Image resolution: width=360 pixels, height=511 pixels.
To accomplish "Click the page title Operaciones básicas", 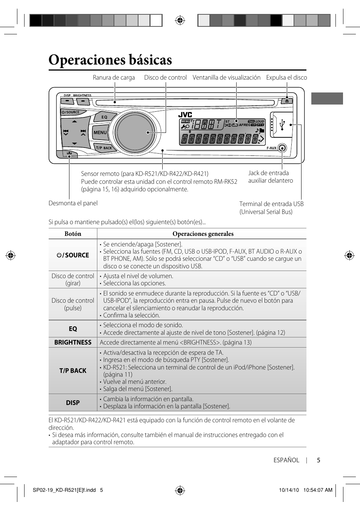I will pos(110,60).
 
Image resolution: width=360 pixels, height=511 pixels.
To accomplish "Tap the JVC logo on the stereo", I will pos(185,115).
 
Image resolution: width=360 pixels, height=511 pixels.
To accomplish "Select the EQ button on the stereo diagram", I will pos(104,117).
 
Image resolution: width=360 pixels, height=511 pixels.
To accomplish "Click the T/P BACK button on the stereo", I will pos(103,148).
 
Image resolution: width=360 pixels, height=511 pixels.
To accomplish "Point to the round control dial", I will pos(135,132).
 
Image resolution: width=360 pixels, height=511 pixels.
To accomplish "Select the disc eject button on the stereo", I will pos(287,101).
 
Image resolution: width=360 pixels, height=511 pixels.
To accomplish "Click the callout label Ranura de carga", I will pos(114,78).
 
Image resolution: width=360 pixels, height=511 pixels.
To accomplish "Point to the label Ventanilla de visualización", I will pos(226,78).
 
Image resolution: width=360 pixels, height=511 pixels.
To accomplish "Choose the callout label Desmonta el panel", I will pos(73,203).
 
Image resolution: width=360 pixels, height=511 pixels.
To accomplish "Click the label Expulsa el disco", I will pos(286,78).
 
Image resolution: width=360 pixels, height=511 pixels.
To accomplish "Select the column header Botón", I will pos(73,234).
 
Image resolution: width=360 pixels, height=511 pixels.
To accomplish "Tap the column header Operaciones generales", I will pos(203,234).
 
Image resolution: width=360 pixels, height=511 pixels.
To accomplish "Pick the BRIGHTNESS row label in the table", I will pos(73,343).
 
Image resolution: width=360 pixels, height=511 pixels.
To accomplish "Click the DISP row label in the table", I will pos(73,403).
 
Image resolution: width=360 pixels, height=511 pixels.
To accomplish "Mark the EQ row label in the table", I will pos(73,329).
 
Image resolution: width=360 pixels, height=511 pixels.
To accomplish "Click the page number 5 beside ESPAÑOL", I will pos(318,460).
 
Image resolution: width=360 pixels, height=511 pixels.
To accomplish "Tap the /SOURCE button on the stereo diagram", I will pos(71,112).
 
